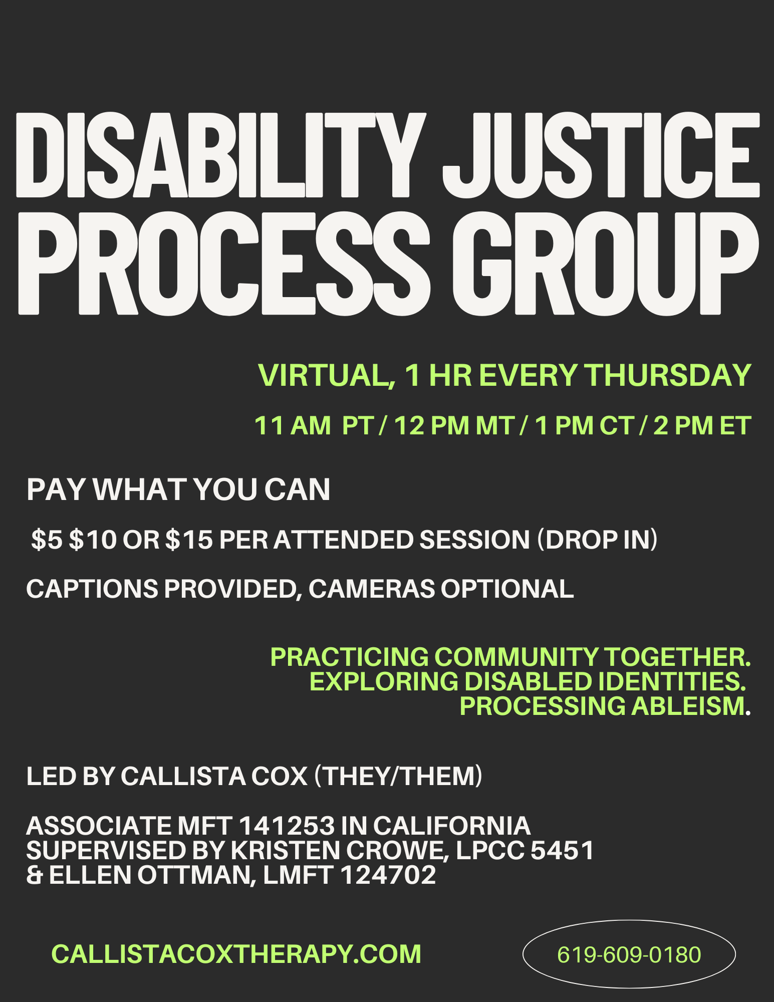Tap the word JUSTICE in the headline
(x=601, y=155)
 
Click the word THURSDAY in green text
(x=668, y=375)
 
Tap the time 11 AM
(x=293, y=426)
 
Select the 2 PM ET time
(x=702, y=426)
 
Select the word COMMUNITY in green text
(x=516, y=657)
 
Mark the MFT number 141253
(x=287, y=826)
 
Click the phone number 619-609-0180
(x=629, y=955)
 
